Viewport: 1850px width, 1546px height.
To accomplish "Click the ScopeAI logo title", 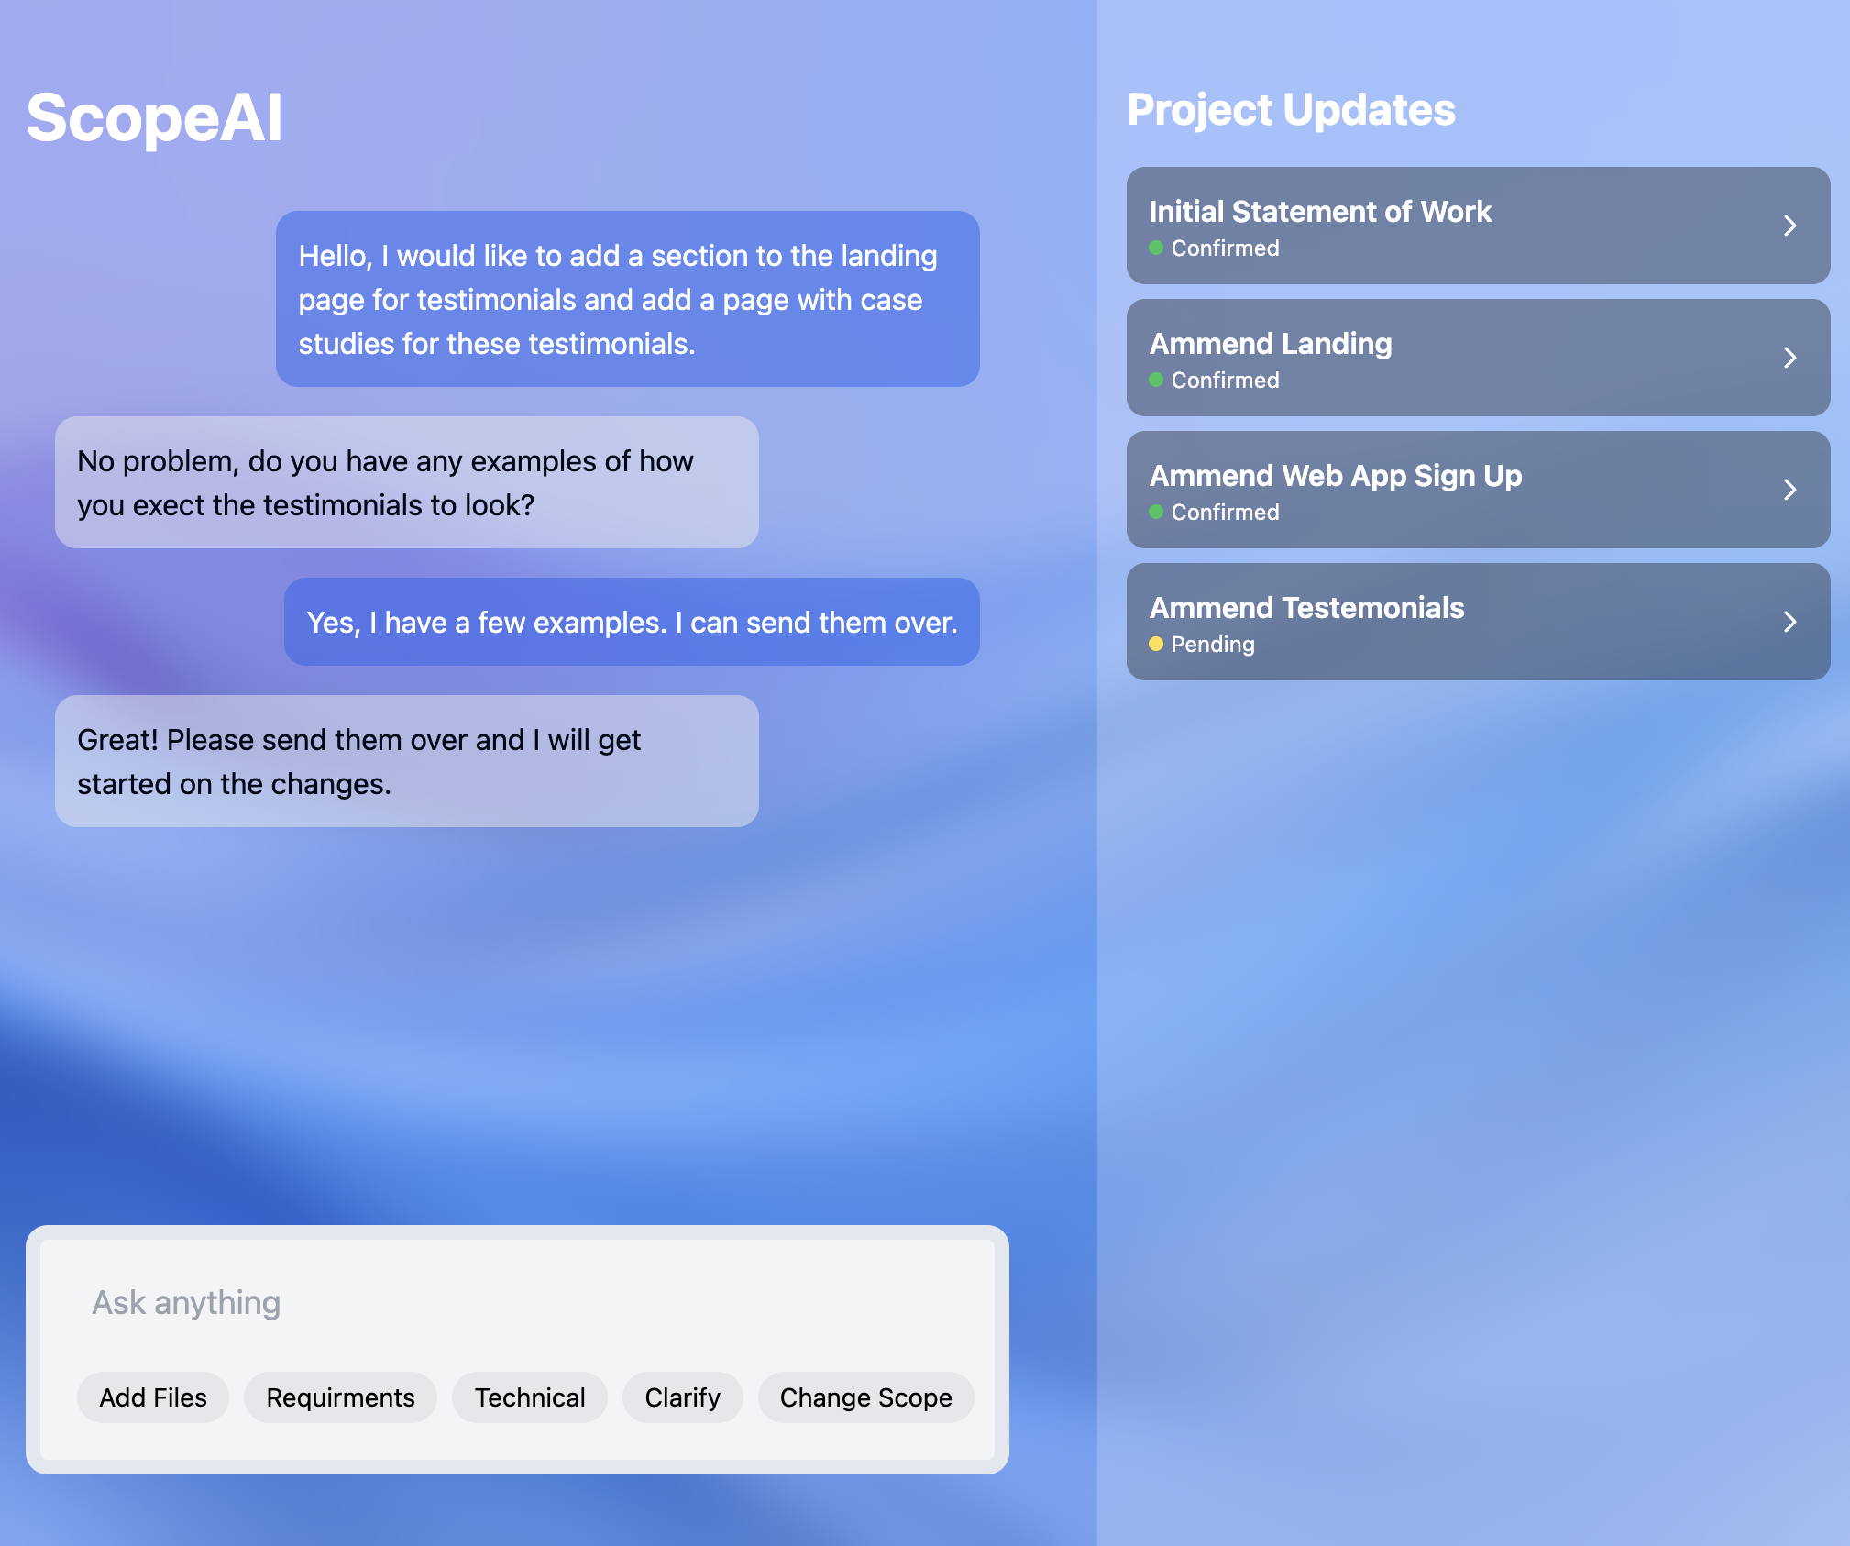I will coord(154,118).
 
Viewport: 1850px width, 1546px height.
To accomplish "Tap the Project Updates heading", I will coord(1291,110).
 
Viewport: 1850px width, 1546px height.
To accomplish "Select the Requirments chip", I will coord(340,1397).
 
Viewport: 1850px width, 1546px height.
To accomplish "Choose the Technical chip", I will coord(530,1397).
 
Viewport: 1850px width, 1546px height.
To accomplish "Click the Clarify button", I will coord(682,1397).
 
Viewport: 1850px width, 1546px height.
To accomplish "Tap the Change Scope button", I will coord(865,1397).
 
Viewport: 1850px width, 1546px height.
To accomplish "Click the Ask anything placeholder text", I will coord(186,1302).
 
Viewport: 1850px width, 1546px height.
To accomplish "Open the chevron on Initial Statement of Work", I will coord(1789,226).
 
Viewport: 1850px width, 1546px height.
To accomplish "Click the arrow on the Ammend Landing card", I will coord(1789,358).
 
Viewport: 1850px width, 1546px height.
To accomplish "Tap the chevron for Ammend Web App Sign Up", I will coord(1789,490).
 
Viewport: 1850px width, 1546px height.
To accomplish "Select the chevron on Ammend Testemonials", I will coord(1789,622).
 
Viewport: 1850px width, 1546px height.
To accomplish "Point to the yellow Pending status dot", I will coord(1156,644).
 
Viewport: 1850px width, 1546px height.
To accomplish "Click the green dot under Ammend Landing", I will coord(1156,380).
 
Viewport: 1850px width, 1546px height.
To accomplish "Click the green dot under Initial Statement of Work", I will coord(1156,248).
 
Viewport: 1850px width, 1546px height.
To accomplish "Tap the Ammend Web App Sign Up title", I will coord(1335,476).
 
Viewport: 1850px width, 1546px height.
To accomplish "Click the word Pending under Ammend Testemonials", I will coord(1212,645).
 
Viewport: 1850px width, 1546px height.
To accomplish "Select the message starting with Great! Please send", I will coord(406,761).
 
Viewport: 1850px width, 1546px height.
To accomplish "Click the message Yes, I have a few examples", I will coord(632,622).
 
